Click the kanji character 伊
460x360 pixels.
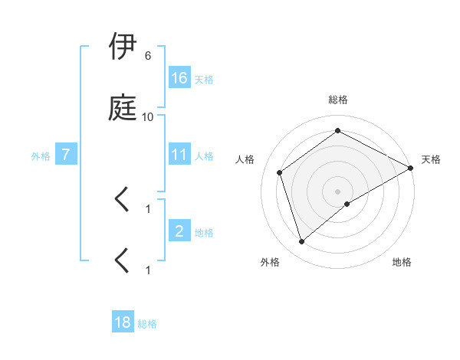[x=124, y=47]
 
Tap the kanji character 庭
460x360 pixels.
[x=124, y=109]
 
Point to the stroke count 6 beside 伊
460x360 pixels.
[x=147, y=56]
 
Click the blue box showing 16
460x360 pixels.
[x=179, y=78]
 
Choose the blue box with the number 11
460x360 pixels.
[x=179, y=155]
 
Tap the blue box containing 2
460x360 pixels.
[x=179, y=231]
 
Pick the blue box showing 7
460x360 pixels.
[x=67, y=155]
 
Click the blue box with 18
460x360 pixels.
[x=123, y=322]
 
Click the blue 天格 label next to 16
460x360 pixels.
[x=204, y=80]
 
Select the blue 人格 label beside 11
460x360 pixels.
[x=204, y=156]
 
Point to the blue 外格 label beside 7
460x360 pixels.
[x=41, y=156]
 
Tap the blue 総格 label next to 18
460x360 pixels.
[x=147, y=324]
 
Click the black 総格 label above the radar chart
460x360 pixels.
[x=338, y=100]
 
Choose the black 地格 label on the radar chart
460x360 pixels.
[x=402, y=262]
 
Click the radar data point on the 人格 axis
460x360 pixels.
[x=280, y=172]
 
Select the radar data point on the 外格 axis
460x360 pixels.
[x=302, y=242]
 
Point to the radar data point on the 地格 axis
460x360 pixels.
[x=347, y=204]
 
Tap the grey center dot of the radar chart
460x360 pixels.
[x=338, y=191]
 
